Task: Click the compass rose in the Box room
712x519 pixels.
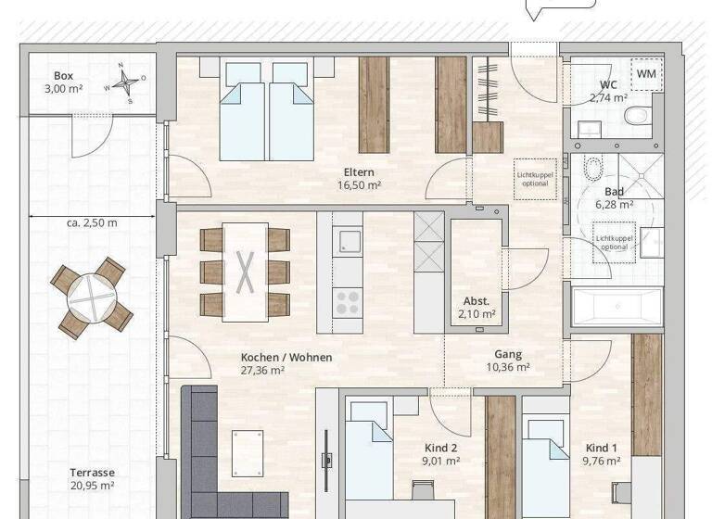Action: point(123,82)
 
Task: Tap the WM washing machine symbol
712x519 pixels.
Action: point(645,72)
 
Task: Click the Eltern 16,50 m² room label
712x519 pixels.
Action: point(359,178)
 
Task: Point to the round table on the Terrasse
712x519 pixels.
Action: point(91,297)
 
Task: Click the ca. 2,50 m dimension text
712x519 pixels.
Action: point(91,223)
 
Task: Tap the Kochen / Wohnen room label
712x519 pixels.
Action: point(286,363)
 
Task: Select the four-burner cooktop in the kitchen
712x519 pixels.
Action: point(348,300)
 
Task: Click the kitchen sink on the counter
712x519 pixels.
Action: point(349,243)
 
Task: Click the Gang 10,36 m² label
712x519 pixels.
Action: point(507,361)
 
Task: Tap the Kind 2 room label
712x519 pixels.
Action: point(440,453)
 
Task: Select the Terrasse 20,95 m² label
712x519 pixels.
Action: point(91,478)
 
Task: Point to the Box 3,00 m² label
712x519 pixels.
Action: point(63,82)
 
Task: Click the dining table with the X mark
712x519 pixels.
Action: point(245,271)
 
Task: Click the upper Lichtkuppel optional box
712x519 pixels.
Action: point(535,177)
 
